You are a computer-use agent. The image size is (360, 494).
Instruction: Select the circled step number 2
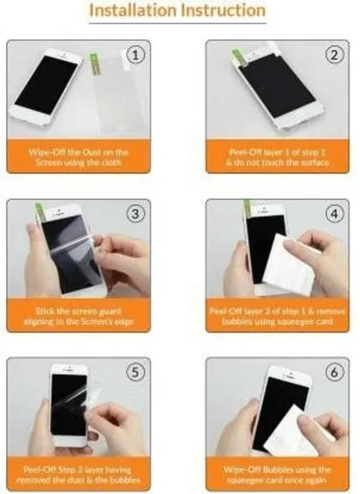(335, 55)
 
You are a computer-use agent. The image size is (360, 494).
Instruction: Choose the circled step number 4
(335, 214)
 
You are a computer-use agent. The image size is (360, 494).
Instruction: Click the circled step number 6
(335, 372)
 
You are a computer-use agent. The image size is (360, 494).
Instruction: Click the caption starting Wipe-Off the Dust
(78, 157)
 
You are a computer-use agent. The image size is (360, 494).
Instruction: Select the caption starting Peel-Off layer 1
(277, 157)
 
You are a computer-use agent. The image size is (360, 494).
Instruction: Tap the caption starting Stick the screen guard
(78, 316)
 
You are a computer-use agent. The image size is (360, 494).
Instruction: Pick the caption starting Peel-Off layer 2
(277, 316)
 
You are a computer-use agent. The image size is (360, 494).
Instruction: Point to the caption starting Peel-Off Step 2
(78, 474)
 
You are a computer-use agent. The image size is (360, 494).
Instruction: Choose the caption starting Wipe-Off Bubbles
(277, 474)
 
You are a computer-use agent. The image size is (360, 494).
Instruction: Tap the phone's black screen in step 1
(46, 85)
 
